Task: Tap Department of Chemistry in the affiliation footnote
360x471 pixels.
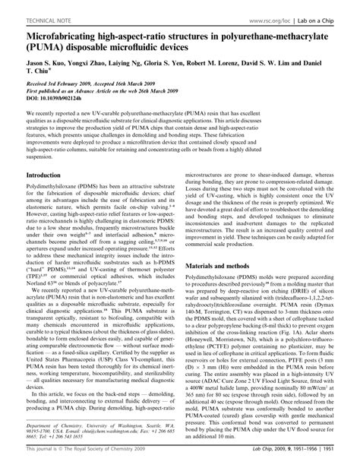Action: pyautogui.click(x=46, y=426)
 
